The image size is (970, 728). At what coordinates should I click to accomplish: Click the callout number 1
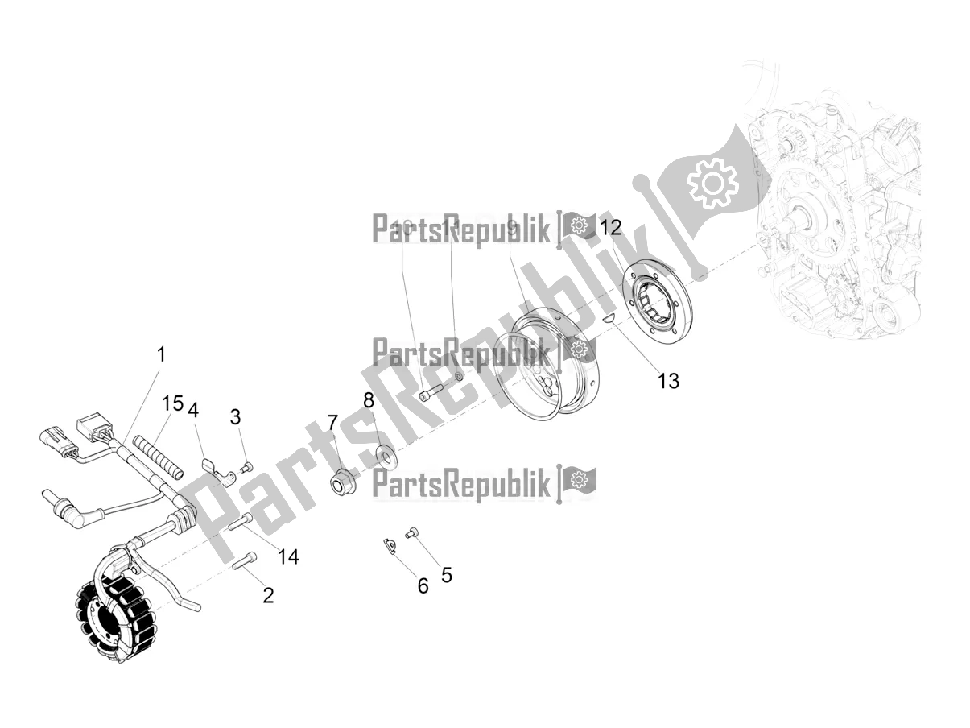pos(161,354)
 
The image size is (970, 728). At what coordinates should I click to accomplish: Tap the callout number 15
pos(172,402)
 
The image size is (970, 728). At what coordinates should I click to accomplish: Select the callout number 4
pos(193,410)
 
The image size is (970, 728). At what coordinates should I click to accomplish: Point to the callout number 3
pos(235,416)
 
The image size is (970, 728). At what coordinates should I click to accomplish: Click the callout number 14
pos(288,556)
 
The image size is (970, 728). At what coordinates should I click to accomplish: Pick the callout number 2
pos(268,595)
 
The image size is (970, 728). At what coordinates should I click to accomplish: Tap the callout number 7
pos(332,422)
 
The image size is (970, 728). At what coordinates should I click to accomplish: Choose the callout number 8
pos(369,400)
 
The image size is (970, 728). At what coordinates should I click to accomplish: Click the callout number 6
pos(423,585)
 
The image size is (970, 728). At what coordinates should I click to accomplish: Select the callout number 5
pos(447,574)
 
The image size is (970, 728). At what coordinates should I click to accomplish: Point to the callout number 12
pos(611,227)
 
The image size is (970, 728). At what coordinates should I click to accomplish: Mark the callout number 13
pos(668,380)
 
